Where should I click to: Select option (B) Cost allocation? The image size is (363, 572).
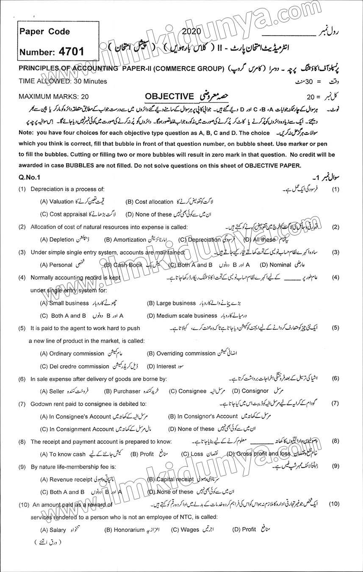pos(150,202)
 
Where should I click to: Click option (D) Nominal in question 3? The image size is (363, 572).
pos(275,265)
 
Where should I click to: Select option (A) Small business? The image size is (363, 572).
pos(64,303)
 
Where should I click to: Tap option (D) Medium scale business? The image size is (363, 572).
pos(182,316)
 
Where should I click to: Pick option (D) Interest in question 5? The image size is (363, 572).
pos(160,366)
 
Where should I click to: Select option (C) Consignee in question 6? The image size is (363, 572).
pos(188,391)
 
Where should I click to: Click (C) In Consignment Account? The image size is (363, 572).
pos(77,429)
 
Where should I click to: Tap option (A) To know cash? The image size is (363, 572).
pos(63,454)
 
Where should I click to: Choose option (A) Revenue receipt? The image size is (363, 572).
pos(66,479)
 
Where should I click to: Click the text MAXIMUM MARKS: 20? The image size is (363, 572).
pos(54,97)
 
